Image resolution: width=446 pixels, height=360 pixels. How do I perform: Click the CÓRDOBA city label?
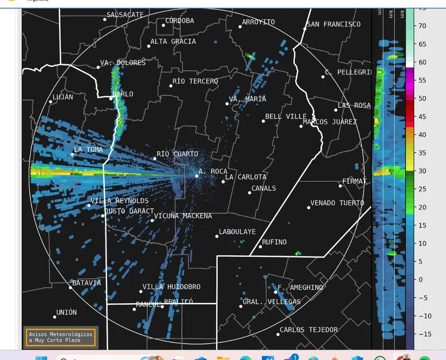(x=180, y=21)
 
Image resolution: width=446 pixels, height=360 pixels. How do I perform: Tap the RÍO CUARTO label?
(x=177, y=154)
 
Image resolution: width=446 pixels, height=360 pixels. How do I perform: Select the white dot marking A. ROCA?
(x=197, y=176)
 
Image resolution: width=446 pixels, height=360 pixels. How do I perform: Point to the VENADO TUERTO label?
(x=337, y=203)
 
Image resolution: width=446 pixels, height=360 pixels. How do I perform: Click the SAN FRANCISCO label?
(x=334, y=24)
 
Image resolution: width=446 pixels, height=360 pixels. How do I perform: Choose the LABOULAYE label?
(x=237, y=232)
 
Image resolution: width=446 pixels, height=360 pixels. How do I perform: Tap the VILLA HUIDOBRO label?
(x=171, y=287)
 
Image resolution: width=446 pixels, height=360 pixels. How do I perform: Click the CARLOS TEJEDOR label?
(x=308, y=330)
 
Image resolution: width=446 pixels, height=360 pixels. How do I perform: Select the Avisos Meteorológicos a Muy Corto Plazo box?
(x=61, y=337)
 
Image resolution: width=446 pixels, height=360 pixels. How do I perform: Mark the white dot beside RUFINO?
(x=260, y=247)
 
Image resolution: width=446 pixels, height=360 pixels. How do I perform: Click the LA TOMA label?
(x=88, y=150)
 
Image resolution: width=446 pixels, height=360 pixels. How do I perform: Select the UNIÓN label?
(x=66, y=312)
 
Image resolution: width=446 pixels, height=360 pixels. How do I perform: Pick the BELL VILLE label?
(x=286, y=117)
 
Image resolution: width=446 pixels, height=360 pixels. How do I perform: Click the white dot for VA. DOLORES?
(x=98, y=67)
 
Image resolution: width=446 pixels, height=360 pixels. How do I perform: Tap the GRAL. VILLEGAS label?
(x=272, y=302)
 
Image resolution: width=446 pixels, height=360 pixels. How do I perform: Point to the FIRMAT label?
(x=354, y=181)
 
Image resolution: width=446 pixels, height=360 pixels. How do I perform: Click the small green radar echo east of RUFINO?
(x=298, y=253)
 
